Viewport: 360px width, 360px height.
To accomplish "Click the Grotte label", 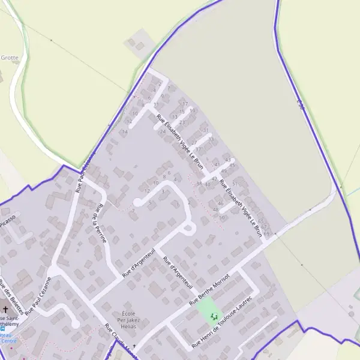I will (10, 58).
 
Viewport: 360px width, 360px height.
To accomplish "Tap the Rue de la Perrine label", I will (100, 223).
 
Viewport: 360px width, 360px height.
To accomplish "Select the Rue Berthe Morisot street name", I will (210, 288).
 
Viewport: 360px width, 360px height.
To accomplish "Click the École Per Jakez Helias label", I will (128, 319).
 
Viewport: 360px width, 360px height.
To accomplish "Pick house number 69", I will (266, 233).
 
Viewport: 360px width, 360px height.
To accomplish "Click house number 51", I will (235, 184).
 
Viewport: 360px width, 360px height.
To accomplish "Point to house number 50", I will (222, 217).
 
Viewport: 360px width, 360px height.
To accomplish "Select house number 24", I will (162, 131).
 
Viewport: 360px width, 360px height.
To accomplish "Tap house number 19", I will (192, 110).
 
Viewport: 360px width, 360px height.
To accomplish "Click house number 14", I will (124, 131).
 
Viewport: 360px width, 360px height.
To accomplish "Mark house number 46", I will (220, 203).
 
